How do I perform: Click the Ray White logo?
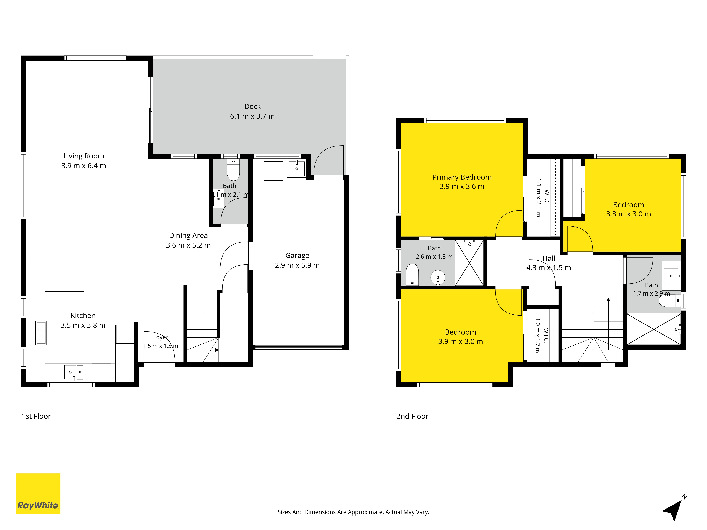pos(38,494)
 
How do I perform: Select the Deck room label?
pos(253,106)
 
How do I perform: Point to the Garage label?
pos(297,256)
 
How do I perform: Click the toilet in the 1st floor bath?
pos(233,170)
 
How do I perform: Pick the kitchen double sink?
pos(74,372)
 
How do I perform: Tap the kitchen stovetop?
pos(41,333)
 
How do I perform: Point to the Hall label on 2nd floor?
pos(549,258)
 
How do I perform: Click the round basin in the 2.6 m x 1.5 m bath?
pos(438,278)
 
